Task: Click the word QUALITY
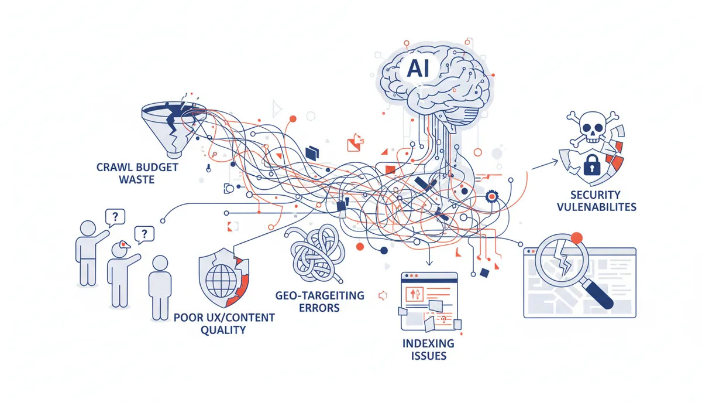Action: [223, 330]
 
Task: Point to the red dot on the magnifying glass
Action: [577, 237]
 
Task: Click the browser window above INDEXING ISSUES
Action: [429, 300]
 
